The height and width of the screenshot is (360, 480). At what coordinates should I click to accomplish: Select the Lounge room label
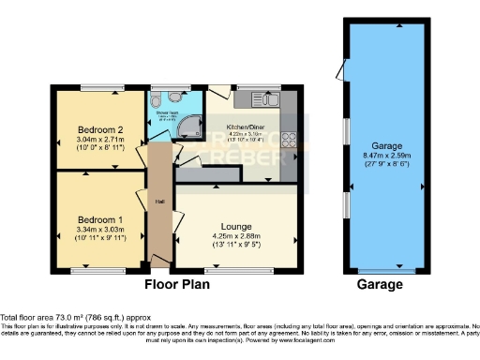[235, 226]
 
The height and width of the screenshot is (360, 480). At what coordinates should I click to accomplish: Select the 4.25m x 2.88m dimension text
[235, 236]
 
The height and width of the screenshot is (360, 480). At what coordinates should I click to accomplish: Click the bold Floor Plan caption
[175, 284]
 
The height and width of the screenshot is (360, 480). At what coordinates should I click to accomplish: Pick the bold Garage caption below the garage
[380, 284]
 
